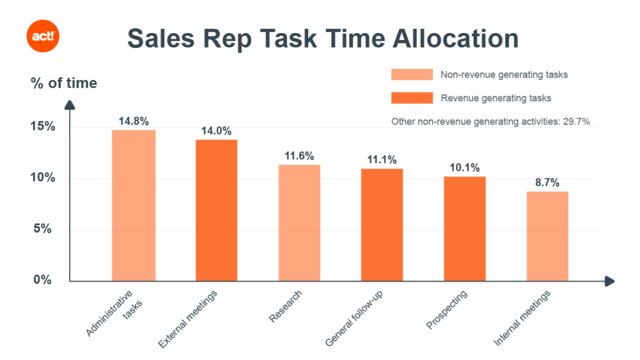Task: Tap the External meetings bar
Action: (216, 210)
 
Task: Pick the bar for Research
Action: (299, 222)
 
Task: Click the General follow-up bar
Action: (382, 225)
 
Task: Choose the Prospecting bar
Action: (464, 229)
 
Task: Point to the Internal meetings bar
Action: (547, 236)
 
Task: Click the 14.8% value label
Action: (134, 121)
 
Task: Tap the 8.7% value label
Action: (547, 182)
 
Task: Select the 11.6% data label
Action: (299, 156)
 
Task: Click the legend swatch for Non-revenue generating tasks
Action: (412, 74)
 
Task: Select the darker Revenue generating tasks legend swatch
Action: (412, 98)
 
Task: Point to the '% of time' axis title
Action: (64, 83)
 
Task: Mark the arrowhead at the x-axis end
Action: (609, 281)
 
